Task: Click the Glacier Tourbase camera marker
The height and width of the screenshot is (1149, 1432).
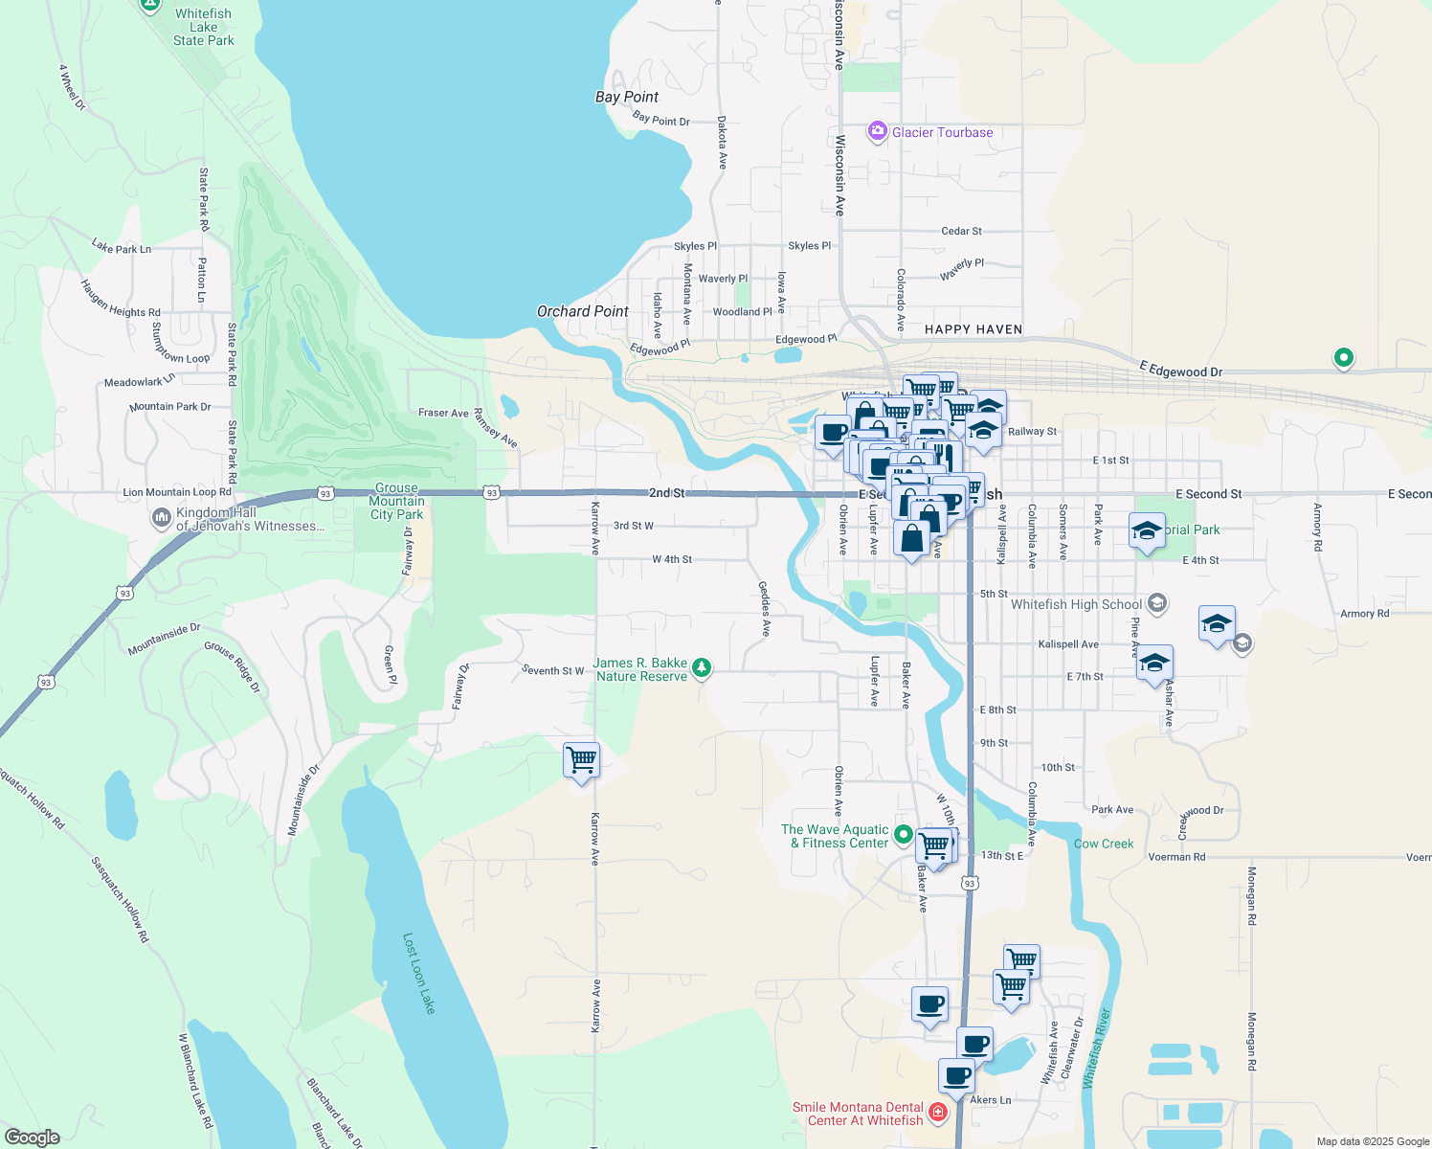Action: pos(877,132)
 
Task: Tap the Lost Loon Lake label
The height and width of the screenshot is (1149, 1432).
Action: pos(419,973)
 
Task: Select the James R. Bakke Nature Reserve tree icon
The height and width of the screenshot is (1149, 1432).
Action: pos(702,667)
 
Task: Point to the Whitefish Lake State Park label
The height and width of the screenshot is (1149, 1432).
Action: pos(203,27)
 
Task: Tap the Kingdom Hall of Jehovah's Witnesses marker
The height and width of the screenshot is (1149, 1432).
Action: pos(161,518)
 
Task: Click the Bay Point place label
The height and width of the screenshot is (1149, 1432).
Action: pos(626,97)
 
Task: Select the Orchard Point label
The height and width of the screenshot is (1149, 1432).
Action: pos(582,311)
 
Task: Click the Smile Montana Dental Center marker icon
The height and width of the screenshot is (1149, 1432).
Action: pos(937,1112)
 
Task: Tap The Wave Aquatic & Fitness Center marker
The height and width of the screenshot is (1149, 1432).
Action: pos(903,836)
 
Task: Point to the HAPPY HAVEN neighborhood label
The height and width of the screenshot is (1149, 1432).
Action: pos(973,329)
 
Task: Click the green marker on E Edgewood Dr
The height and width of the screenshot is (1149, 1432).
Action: pos(1343,358)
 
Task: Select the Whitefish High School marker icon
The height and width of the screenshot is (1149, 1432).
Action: pos(1156,603)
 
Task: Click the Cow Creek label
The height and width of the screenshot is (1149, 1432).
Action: pos(1104,844)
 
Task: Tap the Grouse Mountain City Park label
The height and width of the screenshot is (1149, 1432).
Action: pos(396,501)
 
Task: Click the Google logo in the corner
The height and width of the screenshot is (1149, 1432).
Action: pos(33,1138)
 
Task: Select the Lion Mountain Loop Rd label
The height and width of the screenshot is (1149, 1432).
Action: pos(177,492)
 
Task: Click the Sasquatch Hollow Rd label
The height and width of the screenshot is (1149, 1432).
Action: pos(121,899)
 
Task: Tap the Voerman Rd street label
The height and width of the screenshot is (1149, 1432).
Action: pos(1176,857)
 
